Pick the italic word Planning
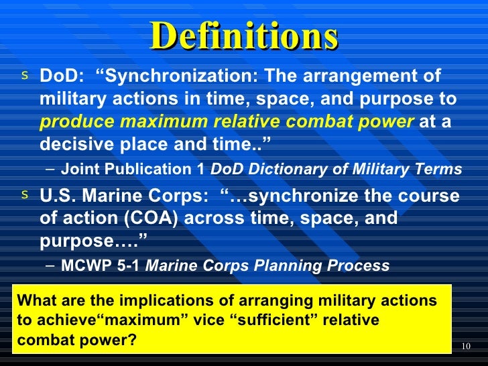pos(290,265)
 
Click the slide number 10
pos(467,346)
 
